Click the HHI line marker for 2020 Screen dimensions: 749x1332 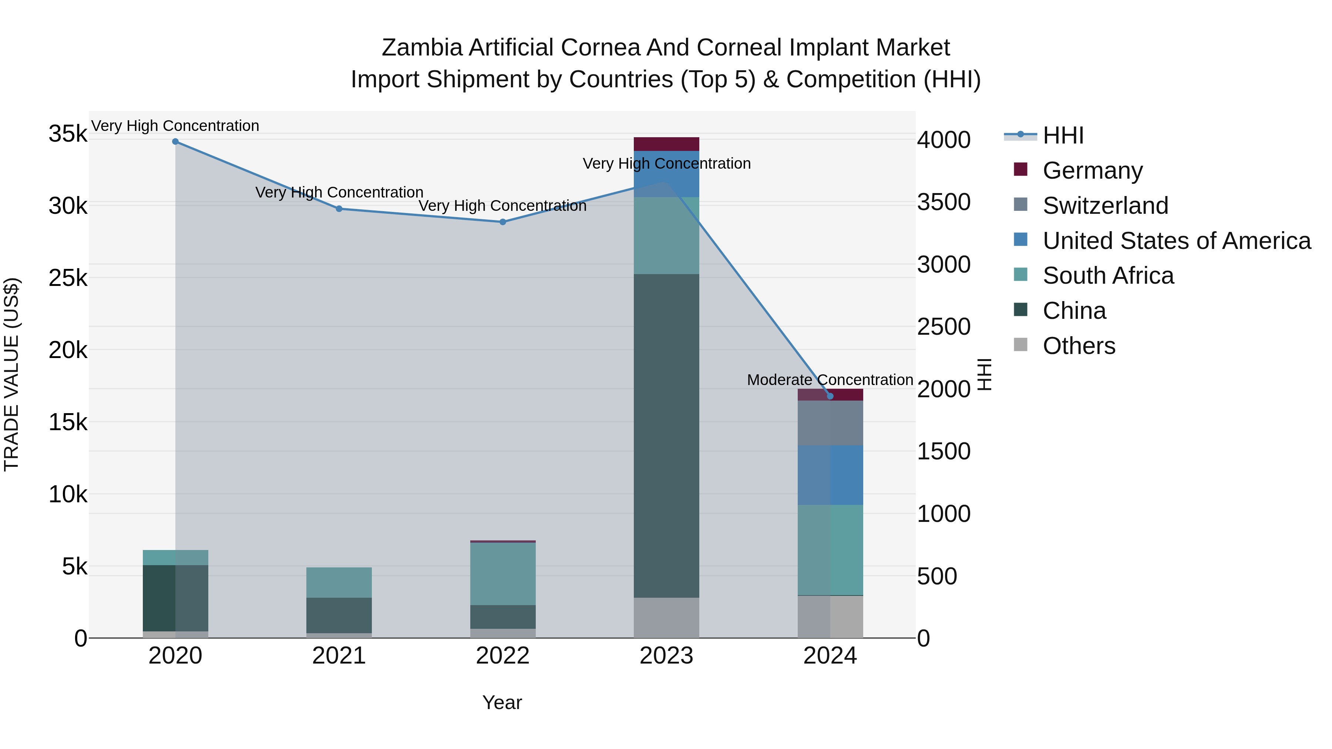coord(175,142)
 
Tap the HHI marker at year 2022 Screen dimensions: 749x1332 coord(502,222)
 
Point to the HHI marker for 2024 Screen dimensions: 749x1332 coord(830,396)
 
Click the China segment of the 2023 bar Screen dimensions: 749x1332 coord(666,435)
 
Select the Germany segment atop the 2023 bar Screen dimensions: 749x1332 coord(666,144)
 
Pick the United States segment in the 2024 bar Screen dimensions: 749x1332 coord(830,475)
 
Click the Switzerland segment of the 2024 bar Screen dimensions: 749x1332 coord(830,422)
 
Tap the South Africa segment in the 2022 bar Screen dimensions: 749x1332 coord(502,573)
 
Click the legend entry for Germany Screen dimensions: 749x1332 coord(1092,170)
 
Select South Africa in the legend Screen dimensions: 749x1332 coord(1107,276)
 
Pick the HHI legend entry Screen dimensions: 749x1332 coord(1063,135)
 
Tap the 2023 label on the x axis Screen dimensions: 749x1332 coord(666,656)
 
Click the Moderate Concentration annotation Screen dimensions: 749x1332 coord(830,380)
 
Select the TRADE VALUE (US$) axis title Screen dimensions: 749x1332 coord(11,374)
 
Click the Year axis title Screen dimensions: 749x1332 coord(502,702)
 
